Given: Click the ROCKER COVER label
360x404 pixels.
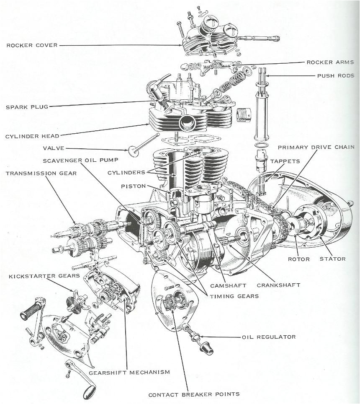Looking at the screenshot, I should coord(32,45).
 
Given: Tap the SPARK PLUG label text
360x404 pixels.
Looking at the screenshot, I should coord(27,107).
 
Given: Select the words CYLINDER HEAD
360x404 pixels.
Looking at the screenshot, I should coord(32,136).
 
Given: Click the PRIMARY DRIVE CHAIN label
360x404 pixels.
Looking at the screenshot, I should coord(316,147).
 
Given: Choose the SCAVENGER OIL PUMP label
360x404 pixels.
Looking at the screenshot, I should coord(80,161).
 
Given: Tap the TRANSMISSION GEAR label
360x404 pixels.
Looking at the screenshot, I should coord(41,173).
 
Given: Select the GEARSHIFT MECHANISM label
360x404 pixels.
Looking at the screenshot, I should coord(129,372).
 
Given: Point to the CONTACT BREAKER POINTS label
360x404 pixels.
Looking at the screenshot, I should coord(194,394).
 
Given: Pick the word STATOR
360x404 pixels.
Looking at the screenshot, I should coord(333,259).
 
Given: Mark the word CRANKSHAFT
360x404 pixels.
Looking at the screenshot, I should coord(278,285).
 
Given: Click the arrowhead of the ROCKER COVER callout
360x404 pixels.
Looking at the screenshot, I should coord(181,45).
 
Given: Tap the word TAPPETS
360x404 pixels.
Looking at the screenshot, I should coord(285,161).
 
